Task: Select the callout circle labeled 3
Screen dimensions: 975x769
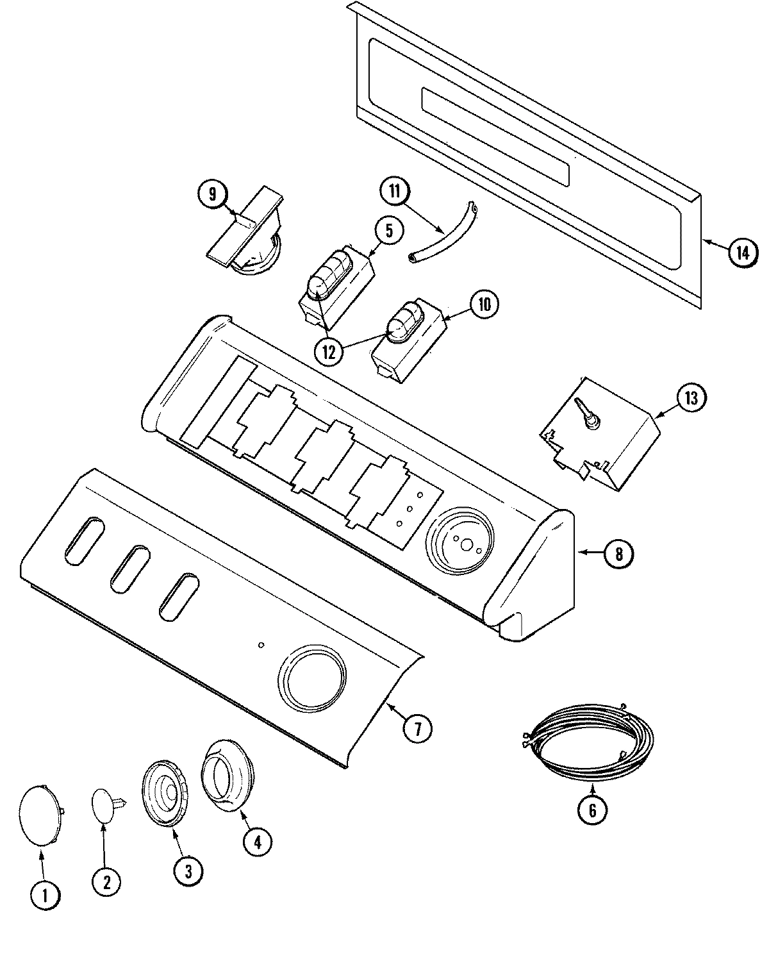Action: pos(188,871)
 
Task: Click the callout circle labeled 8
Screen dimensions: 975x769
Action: pos(618,553)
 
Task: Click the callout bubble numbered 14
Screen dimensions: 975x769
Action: pos(741,253)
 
